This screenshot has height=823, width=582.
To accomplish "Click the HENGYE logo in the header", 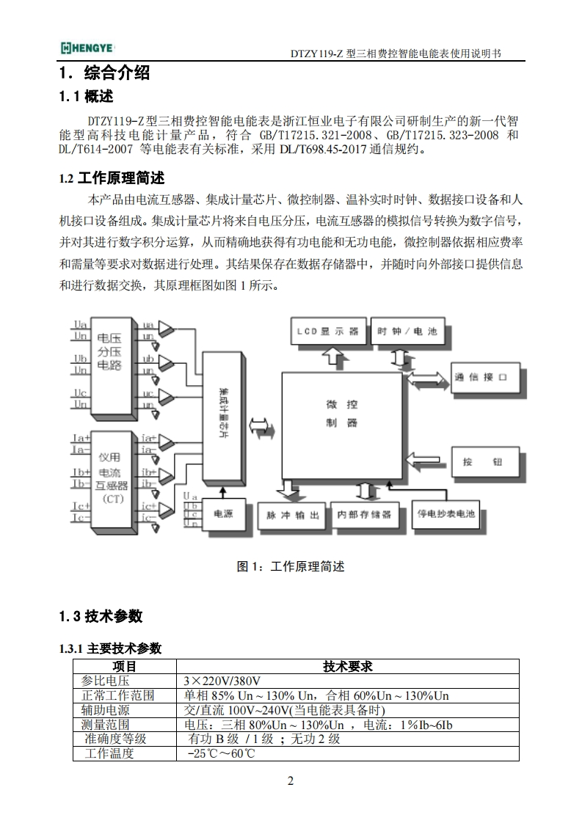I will point(87,48).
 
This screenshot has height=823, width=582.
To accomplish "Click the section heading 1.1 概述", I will point(86,97).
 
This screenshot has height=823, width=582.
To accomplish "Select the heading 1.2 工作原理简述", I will point(112,178).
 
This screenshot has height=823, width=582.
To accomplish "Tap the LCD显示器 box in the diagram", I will point(327,332).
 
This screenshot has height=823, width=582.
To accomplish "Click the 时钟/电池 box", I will point(407,332).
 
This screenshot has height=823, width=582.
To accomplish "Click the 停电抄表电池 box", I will point(445,513).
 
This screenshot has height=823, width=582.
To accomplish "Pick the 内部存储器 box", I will point(365,514).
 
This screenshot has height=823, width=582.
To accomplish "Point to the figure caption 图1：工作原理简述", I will point(290,566).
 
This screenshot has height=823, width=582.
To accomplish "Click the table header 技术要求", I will point(347,666).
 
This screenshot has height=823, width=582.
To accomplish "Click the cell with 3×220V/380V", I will point(223,681).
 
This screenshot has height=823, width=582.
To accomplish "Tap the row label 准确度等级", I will point(115,739).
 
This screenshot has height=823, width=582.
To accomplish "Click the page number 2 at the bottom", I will point(291,780).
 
